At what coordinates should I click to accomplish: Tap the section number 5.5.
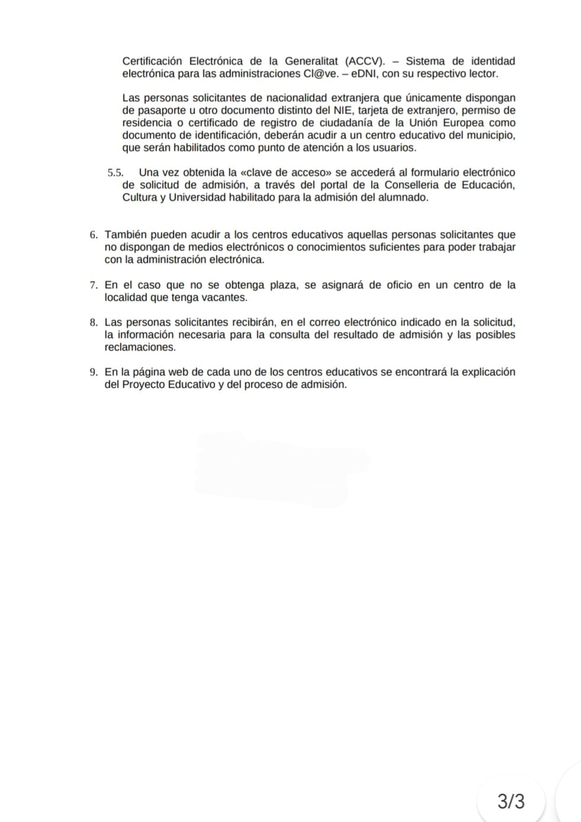[x=115, y=173]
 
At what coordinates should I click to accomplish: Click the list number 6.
[x=93, y=235]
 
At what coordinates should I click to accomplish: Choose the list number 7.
[x=93, y=285]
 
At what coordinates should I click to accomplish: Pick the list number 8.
[x=93, y=323]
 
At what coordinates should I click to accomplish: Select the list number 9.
[x=93, y=373]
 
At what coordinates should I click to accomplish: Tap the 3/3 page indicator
[x=511, y=802]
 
